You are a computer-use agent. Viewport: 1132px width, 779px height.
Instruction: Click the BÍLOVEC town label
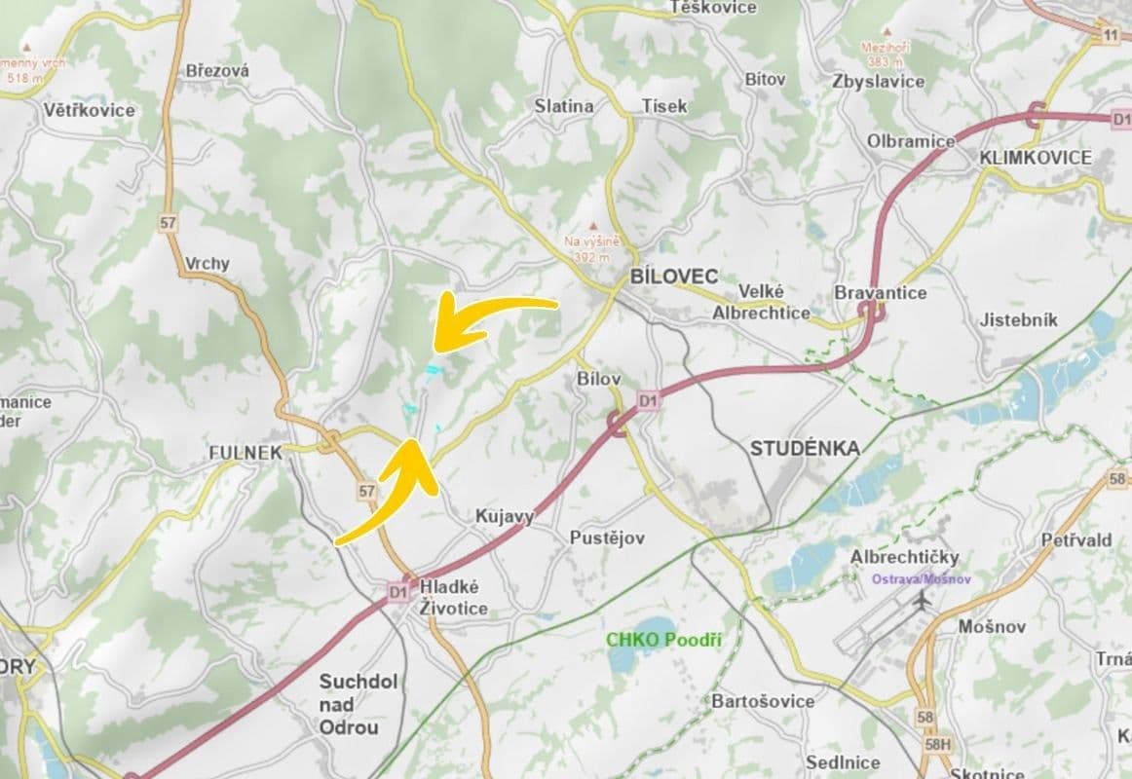[x=673, y=276]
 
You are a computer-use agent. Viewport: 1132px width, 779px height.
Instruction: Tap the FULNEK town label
[x=245, y=453]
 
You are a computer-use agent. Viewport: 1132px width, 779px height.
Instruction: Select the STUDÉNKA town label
[x=805, y=448]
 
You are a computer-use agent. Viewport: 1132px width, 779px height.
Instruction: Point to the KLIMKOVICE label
[x=1036, y=157]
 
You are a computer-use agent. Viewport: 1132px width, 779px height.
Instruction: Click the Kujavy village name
[x=504, y=517]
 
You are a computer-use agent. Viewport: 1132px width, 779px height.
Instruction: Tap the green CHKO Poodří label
[x=663, y=640]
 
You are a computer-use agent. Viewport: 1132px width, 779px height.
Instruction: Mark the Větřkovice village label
[x=90, y=110]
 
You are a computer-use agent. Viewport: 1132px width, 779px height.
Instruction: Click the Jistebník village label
[x=1018, y=320]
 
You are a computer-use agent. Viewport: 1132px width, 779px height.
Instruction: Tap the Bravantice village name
[x=881, y=292]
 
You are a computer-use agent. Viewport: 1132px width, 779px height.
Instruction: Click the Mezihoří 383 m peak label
[x=885, y=54]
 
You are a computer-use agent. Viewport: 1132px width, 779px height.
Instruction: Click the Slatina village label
[x=564, y=106]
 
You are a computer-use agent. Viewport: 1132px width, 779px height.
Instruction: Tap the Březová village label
[x=217, y=70]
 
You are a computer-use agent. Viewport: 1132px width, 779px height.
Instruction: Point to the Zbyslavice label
[x=879, y=82]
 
